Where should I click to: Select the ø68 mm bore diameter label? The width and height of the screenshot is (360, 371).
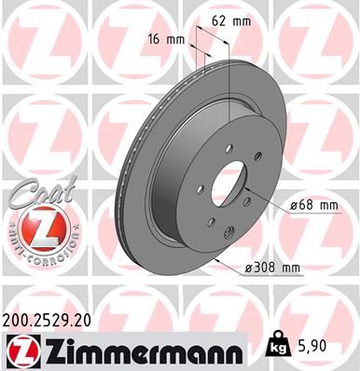coord(312,204)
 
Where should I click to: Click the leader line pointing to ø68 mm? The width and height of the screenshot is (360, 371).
coord(270,205)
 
